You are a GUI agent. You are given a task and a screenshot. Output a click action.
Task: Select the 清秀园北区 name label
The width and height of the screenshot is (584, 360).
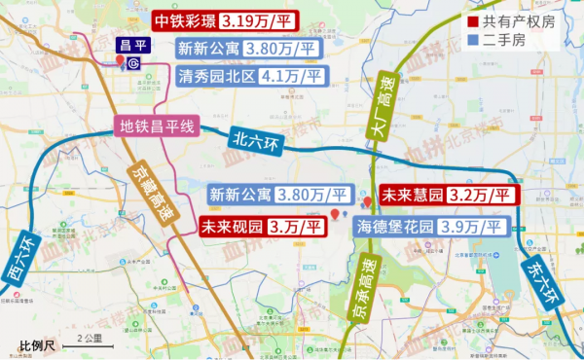tap(216, 75)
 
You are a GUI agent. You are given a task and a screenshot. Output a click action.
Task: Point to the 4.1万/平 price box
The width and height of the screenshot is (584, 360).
tap(291, 75)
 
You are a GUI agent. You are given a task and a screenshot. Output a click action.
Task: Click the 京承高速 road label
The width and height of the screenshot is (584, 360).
tap(363, 292)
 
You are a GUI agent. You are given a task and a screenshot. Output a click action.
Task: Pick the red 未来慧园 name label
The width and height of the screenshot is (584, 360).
tap(412, 195)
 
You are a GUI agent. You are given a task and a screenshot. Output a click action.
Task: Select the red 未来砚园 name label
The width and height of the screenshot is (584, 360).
tap(232, 228)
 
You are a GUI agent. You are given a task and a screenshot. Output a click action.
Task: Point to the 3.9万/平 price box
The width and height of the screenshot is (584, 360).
tap(473, 227)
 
